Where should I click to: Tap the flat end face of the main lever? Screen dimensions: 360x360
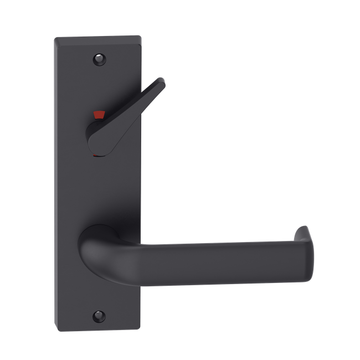pyautogui.click(x=308, y=252)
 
